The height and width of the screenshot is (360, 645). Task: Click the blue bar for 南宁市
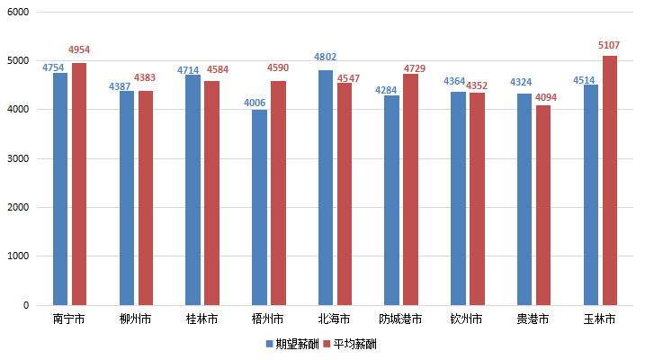(x=60, y=189)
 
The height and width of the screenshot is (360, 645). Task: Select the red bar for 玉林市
(x=610, y=180)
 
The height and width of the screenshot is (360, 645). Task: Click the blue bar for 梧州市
(x=259, y=207)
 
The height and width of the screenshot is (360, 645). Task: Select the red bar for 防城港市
(x=410, y=189)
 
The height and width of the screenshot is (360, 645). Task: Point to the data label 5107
(x=609, y=45)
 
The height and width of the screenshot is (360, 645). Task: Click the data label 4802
(x=325, y=58)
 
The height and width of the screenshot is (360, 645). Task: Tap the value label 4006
(x=255, y=103)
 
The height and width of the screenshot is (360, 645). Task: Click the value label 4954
(x=79, y=50)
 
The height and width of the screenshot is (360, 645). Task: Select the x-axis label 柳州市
(x=135, y=319)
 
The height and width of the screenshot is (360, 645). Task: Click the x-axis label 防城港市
(x=400, y=319)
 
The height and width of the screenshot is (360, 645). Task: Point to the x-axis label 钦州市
(x=466, y=319)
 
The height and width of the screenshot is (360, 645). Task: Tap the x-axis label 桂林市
(x=202, y=319)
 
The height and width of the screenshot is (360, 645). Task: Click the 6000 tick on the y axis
(x=19, y=13)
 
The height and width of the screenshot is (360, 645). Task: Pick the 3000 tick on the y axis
(x=19, y=158)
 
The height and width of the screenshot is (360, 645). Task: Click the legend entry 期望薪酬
(x=292, y=344)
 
